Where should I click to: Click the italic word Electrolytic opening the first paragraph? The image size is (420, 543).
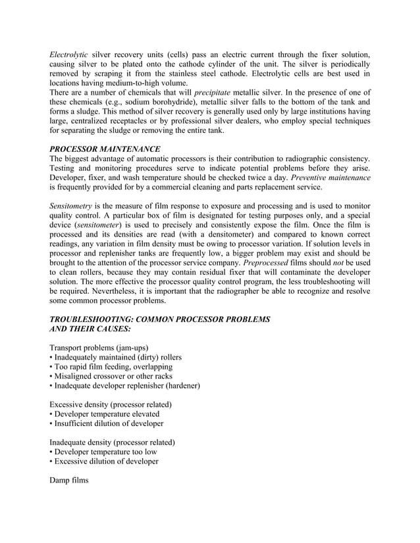coord(69,53)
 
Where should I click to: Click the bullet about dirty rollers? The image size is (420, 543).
coord(116,357)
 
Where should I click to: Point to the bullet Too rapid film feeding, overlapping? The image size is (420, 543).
coord(111,366)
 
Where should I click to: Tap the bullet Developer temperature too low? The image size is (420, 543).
coord(103,452)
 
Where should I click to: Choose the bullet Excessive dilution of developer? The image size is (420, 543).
coord(104,461)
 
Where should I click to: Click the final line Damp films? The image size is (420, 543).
coord(68,481)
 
